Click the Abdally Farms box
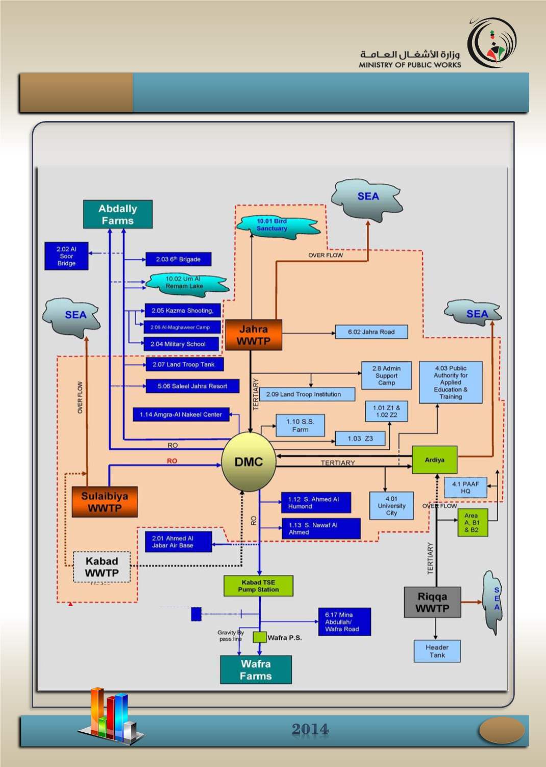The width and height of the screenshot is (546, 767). coord(118,215)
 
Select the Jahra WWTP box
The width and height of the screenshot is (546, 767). coord(254,335)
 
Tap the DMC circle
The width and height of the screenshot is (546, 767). coord(249,462)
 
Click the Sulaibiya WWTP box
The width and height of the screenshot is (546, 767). coord(105,502)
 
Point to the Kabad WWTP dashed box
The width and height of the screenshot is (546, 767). coord(102,567)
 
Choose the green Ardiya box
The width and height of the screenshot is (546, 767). coord(434,459)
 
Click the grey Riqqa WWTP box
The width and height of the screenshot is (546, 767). coord(432,602)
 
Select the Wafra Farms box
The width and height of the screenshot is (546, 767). coord(256,669)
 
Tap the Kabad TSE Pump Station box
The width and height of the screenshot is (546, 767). coord(258,586)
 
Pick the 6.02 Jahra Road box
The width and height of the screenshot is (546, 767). coord(371,332)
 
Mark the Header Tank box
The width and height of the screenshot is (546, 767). coord(437,651)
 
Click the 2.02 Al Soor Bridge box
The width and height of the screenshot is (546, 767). coord(66,256)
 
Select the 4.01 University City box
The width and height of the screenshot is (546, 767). coord(391,506)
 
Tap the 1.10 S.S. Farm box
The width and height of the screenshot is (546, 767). coord(300,426)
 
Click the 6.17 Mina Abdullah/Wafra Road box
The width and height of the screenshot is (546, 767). coord(344,622)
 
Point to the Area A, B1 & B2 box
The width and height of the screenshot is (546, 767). coord(472,523)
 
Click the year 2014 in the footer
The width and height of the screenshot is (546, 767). coord(310,729)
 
